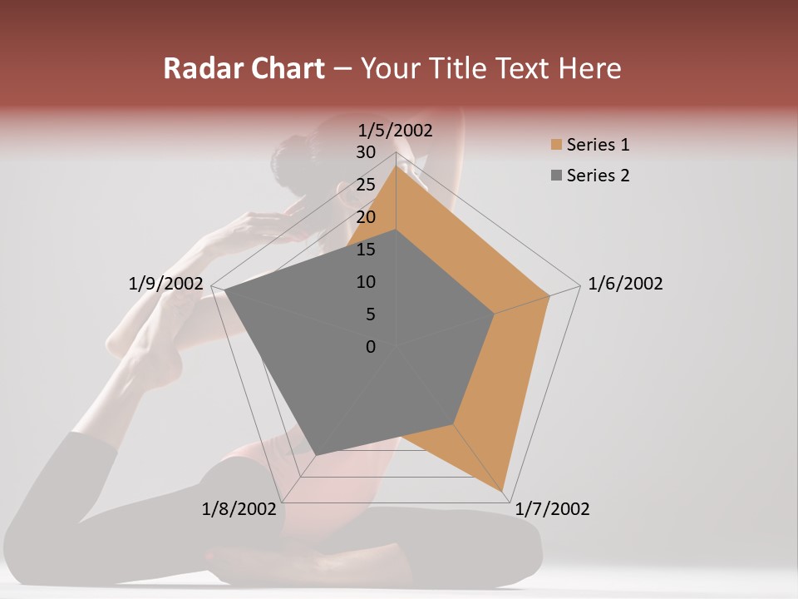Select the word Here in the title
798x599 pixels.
click(589, 68)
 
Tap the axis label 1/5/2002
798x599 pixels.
click(396, 130)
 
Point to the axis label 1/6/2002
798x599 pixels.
click(625, 284)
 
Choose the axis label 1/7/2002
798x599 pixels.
click(553, 509)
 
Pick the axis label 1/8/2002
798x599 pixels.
click(239, 509)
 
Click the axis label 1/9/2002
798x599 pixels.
click(165, 284)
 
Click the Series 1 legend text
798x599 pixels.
click(598, 145)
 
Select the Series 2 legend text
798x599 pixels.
click(598, 176)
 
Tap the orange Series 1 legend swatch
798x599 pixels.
click(556, 145)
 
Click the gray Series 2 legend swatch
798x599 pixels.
click(556, 176)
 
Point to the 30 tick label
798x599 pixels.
click(366, 152)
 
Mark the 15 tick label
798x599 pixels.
click(366, 250)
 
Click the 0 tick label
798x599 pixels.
click(371, 347)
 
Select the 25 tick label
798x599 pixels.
click(366, 185)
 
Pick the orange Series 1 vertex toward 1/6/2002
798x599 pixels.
click(549, 295)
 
